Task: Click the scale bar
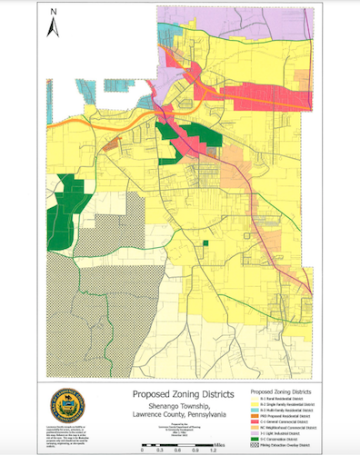click(176, 443)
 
